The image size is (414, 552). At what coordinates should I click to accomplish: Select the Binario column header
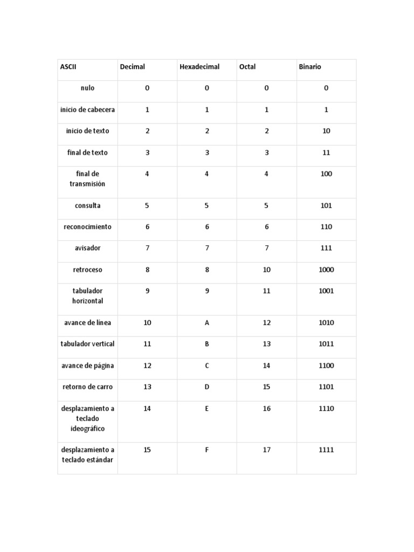tap(309, 67)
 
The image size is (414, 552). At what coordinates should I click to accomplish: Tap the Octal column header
tap(247, 67)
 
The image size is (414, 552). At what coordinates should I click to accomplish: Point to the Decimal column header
tap(132, 67)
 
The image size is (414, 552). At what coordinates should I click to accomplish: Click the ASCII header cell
tap(68, 67)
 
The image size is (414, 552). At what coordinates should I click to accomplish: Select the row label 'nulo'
tap(87, 88)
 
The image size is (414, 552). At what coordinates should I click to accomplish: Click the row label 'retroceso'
tap(87, 270)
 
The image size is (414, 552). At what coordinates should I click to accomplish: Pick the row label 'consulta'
tap(87, 205)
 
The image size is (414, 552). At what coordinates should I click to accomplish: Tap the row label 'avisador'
tap(87, 248)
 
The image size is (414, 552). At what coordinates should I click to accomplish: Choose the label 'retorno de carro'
tap(87, 387)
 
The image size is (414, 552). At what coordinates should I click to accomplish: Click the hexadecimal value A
tap(206, 323)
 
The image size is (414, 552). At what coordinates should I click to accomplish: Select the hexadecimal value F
tap(206, 450)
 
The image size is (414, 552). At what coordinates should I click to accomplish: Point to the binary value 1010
tap(326, 323)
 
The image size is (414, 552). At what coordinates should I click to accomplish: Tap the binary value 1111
tap(326, 450)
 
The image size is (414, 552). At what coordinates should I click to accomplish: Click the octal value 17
tap(266, 450)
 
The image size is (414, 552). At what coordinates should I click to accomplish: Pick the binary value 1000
tap(326, 270)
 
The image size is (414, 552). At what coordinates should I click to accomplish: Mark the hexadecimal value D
tap(206, 387)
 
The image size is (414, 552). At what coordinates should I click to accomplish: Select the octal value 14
tap(266, 365)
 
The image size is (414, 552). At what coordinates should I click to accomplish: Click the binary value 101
tap(326, 205)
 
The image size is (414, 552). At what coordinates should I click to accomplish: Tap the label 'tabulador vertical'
tap(87, 344)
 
